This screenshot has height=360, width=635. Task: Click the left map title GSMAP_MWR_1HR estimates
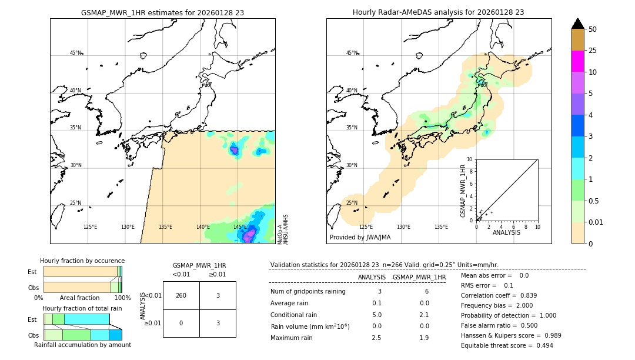point(162,12)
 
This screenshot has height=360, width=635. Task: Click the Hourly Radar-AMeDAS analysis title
point(438,12)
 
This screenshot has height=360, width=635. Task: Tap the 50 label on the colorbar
point(593,29)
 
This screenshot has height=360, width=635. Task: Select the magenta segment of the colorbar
point(577,61)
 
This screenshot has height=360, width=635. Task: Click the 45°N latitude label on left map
point(75,53)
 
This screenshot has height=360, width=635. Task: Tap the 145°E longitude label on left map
point(240,227)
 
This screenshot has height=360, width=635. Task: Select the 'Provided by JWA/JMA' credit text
point(360,238)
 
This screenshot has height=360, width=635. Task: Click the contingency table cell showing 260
point(181,295)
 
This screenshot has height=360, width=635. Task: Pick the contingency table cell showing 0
point(181,323)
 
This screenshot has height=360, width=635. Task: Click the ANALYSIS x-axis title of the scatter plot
point(506,232)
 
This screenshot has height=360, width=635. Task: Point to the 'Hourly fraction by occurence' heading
point(82,261)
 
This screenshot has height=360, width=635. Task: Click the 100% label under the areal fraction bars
point(122,298)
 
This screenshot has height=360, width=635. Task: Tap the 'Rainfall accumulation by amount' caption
point(82,345)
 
